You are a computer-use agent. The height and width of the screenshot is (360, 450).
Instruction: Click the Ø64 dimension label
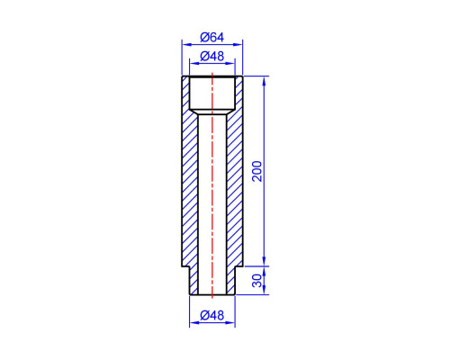click(212, 38)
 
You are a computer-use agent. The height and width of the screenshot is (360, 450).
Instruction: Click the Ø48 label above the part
click(212, 56)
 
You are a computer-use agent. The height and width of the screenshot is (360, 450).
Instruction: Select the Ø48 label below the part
click(212, 315)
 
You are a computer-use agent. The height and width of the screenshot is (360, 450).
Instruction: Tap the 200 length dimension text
click(256, 171)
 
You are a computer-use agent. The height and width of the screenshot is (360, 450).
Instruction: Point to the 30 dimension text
click(257, 281)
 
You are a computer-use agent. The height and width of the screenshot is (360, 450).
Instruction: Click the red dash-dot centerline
click(212, 185)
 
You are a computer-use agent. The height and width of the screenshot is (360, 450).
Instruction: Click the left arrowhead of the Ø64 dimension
click(186, 45)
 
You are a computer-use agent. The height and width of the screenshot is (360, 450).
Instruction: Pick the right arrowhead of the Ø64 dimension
click(238, 45)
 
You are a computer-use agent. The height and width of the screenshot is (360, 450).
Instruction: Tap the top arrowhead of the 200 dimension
click(264, 81)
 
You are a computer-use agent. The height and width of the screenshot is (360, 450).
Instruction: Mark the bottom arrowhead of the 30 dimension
click(264, 290)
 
